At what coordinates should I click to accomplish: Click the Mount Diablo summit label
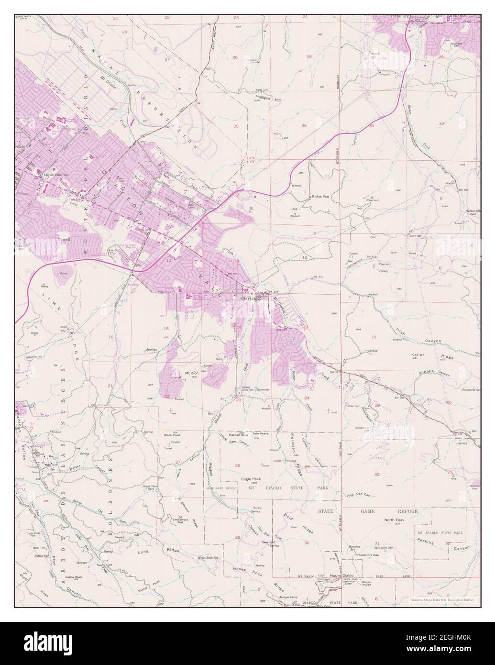click(x=341, y=576)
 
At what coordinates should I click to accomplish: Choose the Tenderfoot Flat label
click(x=176, y=521)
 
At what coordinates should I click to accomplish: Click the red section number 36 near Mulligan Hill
click(x=304, y=125)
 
